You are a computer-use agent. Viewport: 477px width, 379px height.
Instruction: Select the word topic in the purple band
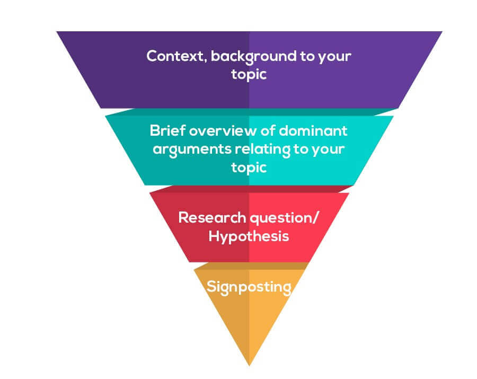[249, 74]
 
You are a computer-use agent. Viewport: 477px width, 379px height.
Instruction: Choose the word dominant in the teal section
[314, 130]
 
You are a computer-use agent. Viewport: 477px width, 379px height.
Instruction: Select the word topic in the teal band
[249, 167]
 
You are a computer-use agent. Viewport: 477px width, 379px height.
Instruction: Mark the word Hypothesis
[249, 236]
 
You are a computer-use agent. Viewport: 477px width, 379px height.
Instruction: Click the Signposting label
[249, 287]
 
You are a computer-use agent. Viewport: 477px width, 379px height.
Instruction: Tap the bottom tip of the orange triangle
[249, 365]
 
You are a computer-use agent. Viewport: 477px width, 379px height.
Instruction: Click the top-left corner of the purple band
[57, 32]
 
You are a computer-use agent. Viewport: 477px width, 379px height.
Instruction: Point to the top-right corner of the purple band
[441, 32]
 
